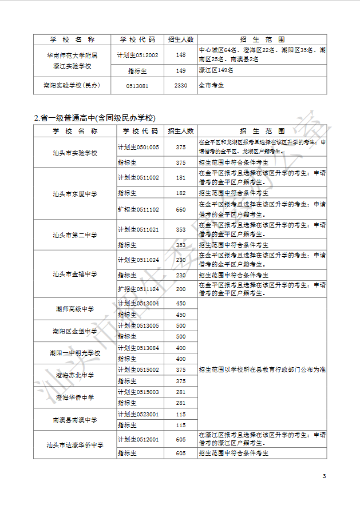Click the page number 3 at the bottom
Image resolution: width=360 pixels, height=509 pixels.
pyautogui.click(x=324, y=476)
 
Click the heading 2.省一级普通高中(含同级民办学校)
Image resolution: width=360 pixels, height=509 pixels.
pyautogui.click(x=94, y=118)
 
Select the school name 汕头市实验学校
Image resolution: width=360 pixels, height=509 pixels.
pyautogui.click(x=75, y=153)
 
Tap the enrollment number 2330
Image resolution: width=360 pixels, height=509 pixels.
pyautogui.click(x=181, y=86)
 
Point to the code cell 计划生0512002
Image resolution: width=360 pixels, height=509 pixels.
pyautogui.click(x=137, y=55)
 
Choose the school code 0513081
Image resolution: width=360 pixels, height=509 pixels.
pyautogui.click(x=137, y=86)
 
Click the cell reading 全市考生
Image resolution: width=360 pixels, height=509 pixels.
pyautogui.click(x=211, y=86)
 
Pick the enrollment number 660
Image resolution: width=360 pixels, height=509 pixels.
pyautogui.click(x=181, y=209)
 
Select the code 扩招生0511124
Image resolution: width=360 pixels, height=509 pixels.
pyautogui.click(x=138, y=289)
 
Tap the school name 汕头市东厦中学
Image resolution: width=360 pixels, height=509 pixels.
pyautogui.click(x=75, y=194)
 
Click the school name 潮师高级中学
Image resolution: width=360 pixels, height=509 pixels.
pyautogui.click(x=75, y=309)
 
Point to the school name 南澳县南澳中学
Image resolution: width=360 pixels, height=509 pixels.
pyautogui.click(x=75, y=420)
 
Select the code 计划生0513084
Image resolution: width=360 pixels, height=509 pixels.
pyautogui.click(x=138, y=348)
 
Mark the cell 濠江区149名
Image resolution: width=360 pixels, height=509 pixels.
pyautogui.click(x=216, y=70)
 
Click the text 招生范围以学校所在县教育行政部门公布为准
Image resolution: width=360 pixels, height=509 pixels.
pyautogui.click(x=262, y=369)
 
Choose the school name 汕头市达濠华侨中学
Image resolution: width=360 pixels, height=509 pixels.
pyautogui.click(x=75, y=444)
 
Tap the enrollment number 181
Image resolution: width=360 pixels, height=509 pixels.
pyautogui.click(x=181, y=177)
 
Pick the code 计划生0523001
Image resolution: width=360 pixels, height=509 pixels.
pyautogui.click(x=138, y=414)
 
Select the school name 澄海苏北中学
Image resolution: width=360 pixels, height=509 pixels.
pyautogui.click(x=75, y=375)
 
